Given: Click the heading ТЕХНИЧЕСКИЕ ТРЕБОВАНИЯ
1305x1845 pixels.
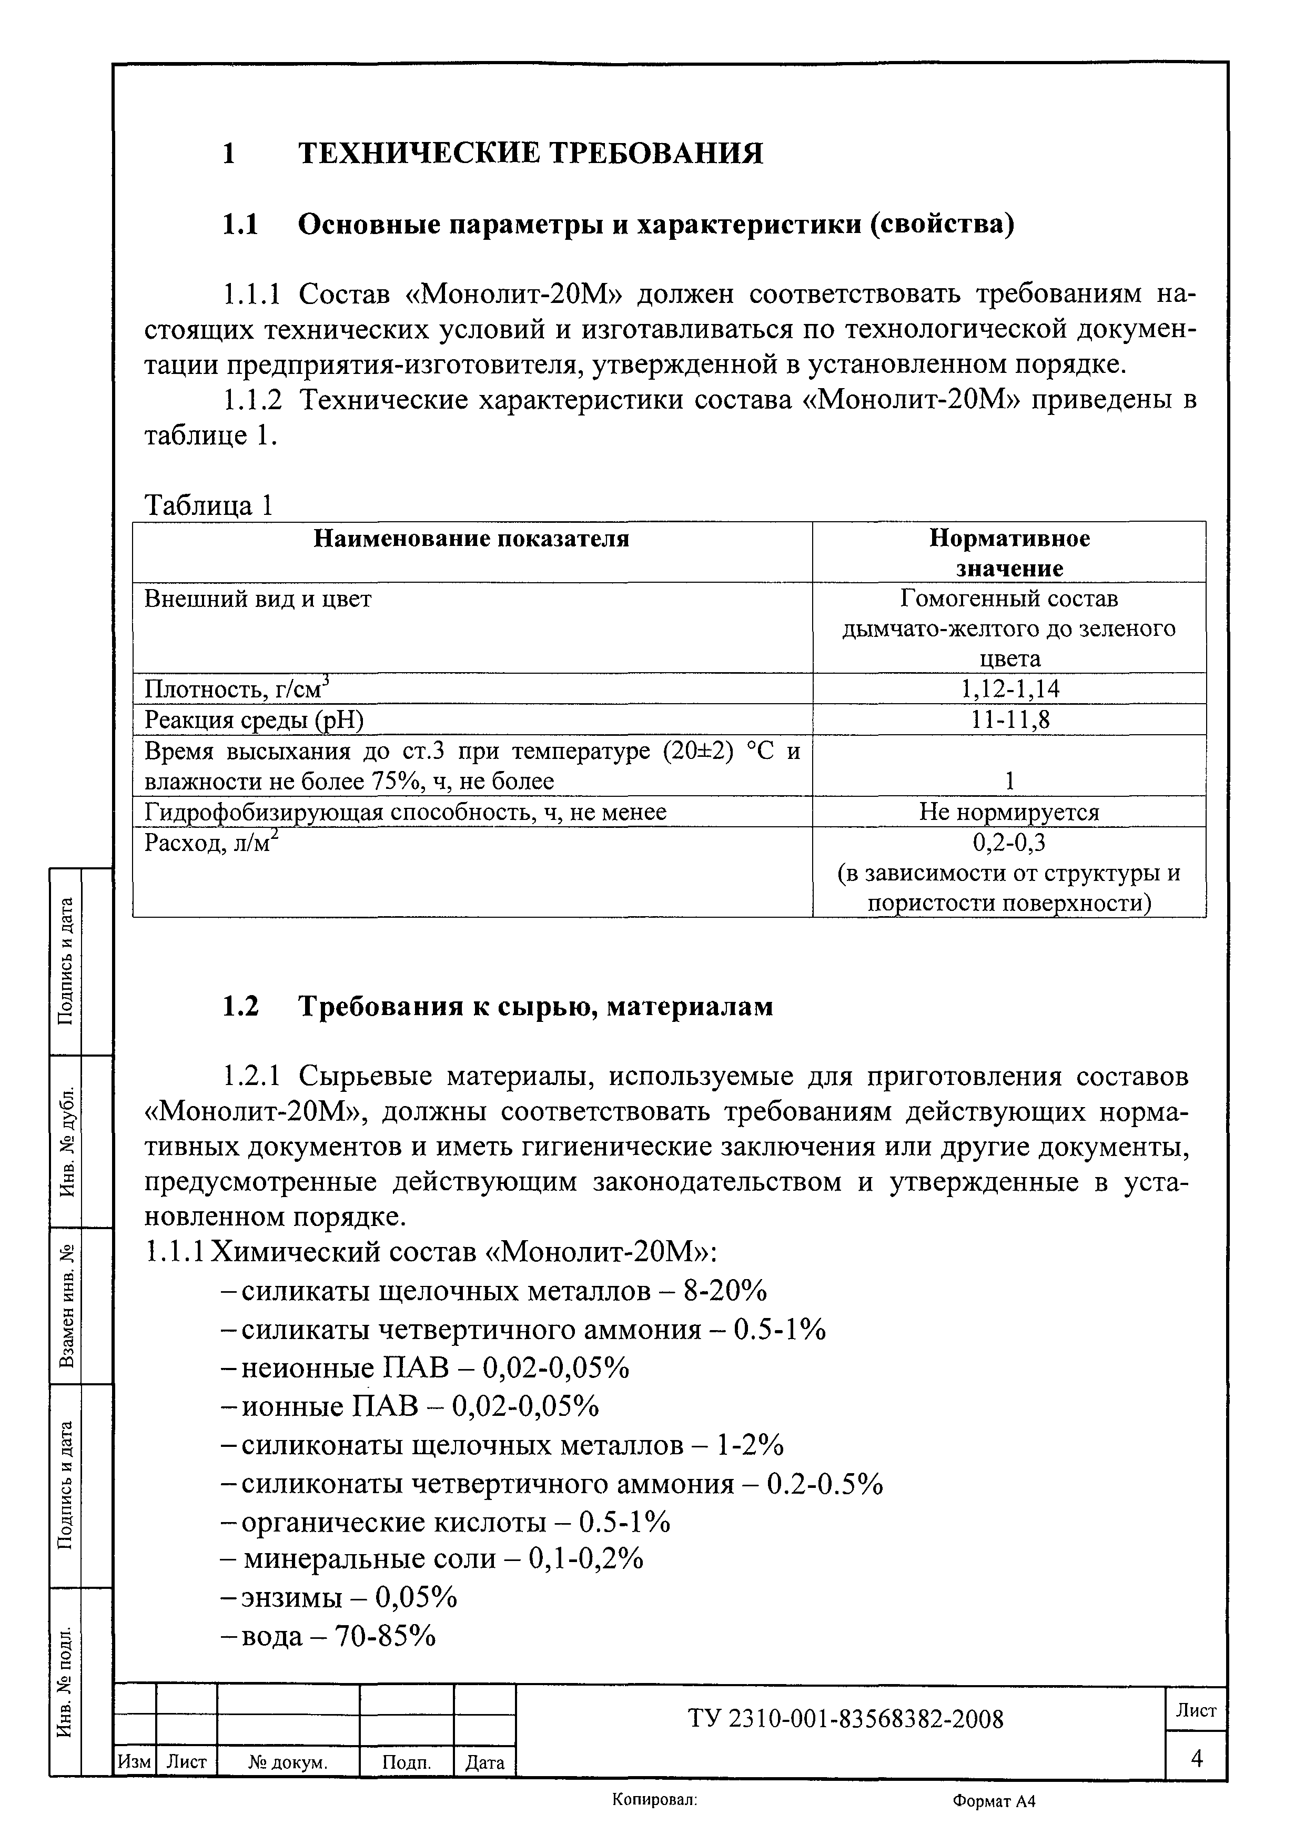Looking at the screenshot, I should pos(530,153).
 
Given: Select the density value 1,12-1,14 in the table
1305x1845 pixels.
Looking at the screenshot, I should pos(1010,688).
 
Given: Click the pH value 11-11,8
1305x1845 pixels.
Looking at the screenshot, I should pos(1010,719).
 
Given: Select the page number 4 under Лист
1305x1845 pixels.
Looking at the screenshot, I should pos(1197,1759).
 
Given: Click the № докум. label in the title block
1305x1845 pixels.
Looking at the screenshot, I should pos(288,1763).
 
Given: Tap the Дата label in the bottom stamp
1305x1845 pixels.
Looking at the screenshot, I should pos(484,1763).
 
